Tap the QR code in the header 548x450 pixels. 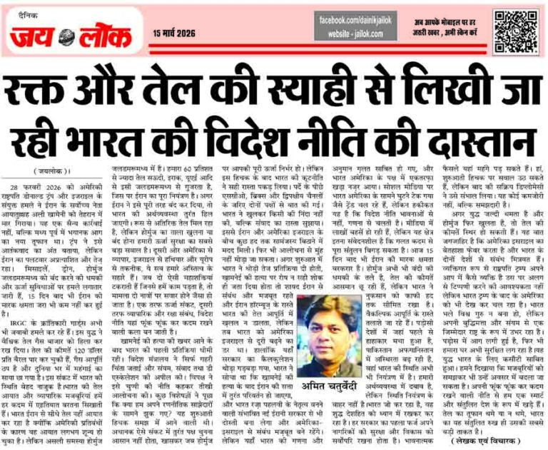click(514, 29)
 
